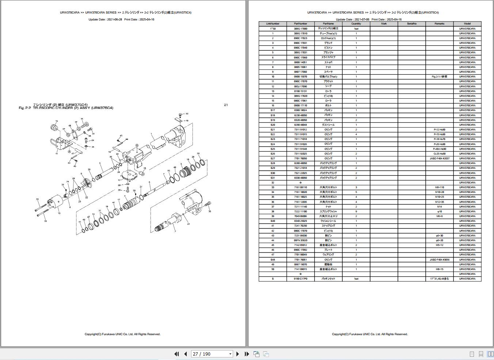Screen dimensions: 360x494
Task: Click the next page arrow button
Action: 238,354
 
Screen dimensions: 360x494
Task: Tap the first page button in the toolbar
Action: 177,354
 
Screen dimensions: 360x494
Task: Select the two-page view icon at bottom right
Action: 490,354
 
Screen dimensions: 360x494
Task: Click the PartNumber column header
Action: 300,24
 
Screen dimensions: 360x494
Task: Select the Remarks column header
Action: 439,24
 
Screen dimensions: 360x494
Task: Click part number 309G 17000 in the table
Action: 300,29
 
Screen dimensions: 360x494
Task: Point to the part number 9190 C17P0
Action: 300,279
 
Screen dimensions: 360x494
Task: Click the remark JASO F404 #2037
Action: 439,159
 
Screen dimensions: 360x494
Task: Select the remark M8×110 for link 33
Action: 439,187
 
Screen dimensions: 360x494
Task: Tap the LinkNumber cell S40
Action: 273,221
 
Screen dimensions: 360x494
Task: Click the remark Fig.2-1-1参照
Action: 439,77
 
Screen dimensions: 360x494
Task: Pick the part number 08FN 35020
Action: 300,240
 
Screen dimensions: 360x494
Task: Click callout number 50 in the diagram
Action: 187,114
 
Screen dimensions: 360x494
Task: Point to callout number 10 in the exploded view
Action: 59,213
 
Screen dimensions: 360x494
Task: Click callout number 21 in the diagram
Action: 189,224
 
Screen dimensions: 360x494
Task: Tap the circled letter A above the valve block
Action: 137,145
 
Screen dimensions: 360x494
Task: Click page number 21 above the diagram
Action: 226,105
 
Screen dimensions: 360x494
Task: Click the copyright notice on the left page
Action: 122,334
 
